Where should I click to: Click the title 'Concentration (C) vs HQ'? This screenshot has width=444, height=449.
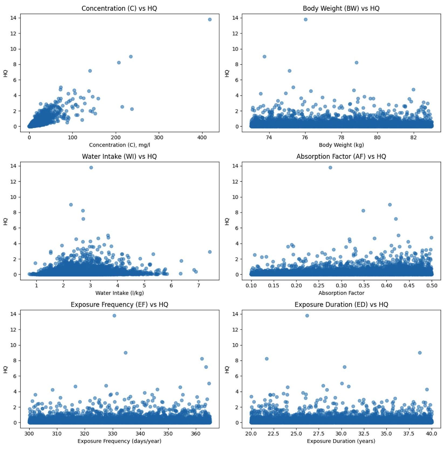119,8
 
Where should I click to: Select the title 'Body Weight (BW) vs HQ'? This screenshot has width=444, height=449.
341,8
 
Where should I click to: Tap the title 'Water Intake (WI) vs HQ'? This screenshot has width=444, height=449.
119,156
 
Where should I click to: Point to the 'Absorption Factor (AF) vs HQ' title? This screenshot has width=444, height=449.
341,156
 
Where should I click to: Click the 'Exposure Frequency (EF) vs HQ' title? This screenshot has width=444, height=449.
119,305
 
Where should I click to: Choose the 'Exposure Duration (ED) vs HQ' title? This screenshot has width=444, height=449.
341,305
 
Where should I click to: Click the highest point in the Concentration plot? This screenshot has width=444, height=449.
210,19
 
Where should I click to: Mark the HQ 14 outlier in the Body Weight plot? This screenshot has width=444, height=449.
305,19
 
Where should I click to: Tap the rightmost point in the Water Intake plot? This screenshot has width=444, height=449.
210,252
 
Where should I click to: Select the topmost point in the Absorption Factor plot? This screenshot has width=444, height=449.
330,168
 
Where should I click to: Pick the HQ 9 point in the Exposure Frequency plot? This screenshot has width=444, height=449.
125,353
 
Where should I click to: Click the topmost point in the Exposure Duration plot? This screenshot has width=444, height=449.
307,316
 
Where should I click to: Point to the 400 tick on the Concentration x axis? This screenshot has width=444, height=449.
202,137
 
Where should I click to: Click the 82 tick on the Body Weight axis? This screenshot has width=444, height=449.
413,137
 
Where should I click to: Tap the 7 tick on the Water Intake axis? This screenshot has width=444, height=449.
199,286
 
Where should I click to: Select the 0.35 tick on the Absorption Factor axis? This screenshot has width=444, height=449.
364,286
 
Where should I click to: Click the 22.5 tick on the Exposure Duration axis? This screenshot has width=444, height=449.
274,434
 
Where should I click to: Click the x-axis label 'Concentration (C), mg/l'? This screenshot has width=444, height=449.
119,145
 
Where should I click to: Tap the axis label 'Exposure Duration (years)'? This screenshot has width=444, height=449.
341,441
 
